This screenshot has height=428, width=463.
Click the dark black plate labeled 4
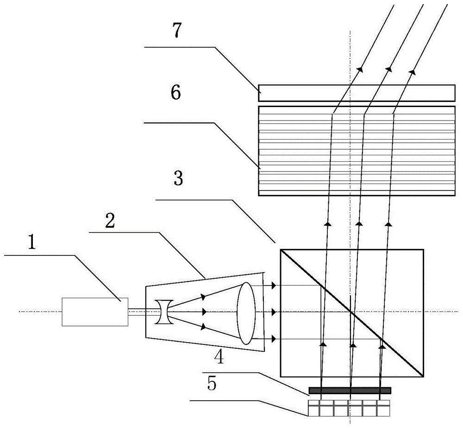point(350,390)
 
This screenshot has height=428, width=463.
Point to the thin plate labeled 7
point(356,92)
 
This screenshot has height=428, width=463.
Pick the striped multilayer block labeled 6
point(356,151)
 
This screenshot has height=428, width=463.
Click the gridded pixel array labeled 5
point(349,408)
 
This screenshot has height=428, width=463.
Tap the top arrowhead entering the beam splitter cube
point(274,285)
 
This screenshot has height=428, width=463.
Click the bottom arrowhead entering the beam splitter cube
point(274,339)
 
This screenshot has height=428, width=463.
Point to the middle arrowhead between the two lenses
point(204,312)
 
